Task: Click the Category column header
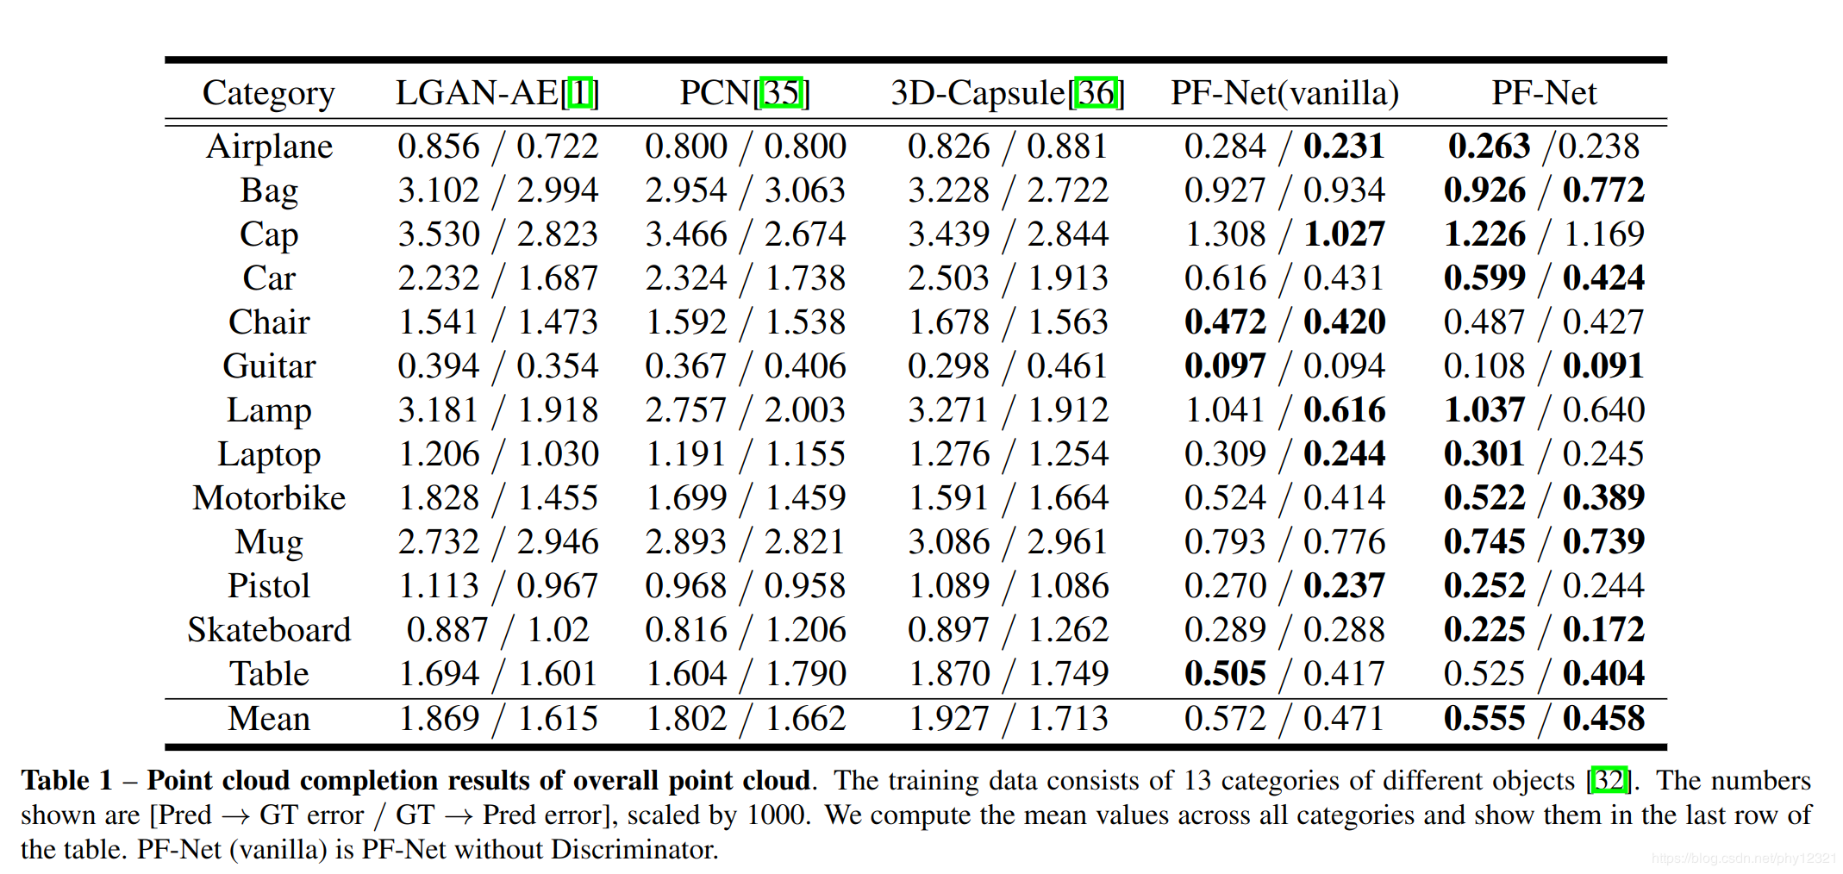tap(268, 93)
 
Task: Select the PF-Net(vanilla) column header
tap(1284, 93)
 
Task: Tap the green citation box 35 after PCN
tap(782, 93)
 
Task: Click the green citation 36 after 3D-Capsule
tap(1096, 93)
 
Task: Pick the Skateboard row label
tap(269, 630)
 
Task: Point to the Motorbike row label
tap(269, 498)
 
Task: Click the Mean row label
tap(269, 719)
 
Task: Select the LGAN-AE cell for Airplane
tap(497, 147)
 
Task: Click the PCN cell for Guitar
tap(745, 366)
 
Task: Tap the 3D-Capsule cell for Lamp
tap(1008, 410)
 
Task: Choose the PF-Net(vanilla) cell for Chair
tap(1284, 322)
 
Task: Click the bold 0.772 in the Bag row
tap(1603, 190)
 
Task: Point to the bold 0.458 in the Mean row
tap(1603, 719)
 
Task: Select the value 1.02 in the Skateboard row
tap(558, 630)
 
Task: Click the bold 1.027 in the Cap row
tap(1344, 234)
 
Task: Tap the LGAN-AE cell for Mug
tap(497, 542)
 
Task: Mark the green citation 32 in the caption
tap(1609, 780)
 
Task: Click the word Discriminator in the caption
tap(634, 850)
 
